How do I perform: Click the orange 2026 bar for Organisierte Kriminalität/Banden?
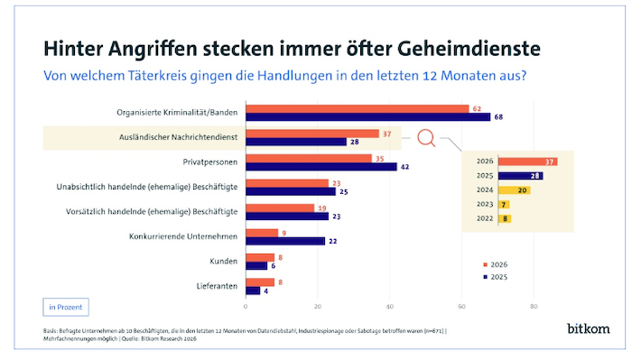click(x=358, y=109)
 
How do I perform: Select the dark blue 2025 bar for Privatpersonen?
click(x=321, y=167)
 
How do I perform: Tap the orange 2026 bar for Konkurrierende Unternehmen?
click(x=262, y=233)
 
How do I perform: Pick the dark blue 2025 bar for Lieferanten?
click(x=253, y=291)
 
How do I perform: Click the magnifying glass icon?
click(x=426, y=138)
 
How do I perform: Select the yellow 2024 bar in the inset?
click(x=514, y=190)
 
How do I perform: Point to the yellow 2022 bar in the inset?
click(x=505, y=218)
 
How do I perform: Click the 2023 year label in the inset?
click(x=485, y=204)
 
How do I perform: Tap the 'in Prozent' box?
click(x=66, y=308)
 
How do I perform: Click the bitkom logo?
click(x=589, y=328)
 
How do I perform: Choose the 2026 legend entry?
click(x=496, y=264)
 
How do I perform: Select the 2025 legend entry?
click(x=496, y=277)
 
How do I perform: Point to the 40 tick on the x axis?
click(x=390, y=307)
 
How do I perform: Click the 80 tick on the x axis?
click(x=534, y=307)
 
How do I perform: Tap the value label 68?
click(x=498, y=117)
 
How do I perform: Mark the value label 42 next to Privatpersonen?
click(x=404, y=167)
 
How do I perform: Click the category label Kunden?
click(x=224, y=262)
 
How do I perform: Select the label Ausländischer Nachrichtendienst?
click(x=178, y=137)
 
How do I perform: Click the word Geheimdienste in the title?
click(x=469, y=49)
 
